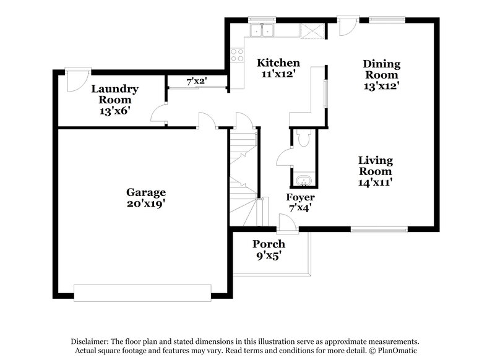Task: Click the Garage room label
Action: [x=146, y=192]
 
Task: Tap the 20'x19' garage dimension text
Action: [x=146, y=202]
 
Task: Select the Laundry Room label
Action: [x=114, y=94]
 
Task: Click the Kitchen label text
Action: [x=278, y=63]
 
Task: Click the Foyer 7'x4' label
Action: [x=300, y=202]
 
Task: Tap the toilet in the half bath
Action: [x=303, y=140]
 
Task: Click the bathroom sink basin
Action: [x=303, y=181]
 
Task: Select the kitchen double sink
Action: [x=262, y=30]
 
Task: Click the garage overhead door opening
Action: [x=144, y=291]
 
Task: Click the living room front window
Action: [x=379, y=230]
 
